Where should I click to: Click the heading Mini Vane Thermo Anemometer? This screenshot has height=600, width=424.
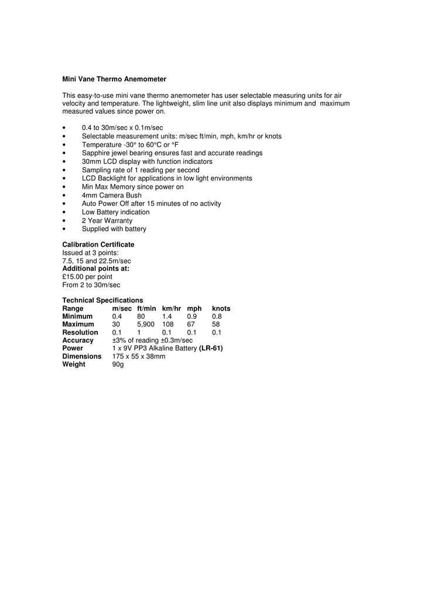(114, 79)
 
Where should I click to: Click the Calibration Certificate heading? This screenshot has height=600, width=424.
(98, 244)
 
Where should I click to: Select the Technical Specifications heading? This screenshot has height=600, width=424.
(102, 300)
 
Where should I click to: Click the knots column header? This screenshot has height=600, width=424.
(221, 308)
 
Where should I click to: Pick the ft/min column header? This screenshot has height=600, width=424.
(146, 308)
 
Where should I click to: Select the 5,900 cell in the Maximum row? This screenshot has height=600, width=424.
(146, 324)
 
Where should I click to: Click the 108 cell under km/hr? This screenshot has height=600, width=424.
(168, 324)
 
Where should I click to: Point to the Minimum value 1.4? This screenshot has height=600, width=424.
(167, 316)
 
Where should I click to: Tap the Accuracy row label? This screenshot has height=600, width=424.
(78, 340)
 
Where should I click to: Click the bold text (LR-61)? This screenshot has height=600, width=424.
(211, 348)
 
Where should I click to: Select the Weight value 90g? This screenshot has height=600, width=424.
(118, 364)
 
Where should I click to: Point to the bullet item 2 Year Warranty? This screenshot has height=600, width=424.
(107, 221)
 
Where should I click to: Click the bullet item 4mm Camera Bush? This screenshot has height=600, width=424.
(111, 195)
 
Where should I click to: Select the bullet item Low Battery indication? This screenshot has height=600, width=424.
(115, 212)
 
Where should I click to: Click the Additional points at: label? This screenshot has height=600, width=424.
(96, 268)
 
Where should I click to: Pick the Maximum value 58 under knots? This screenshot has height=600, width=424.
(216, 324)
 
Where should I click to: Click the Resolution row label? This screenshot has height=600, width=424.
(80, 332)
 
